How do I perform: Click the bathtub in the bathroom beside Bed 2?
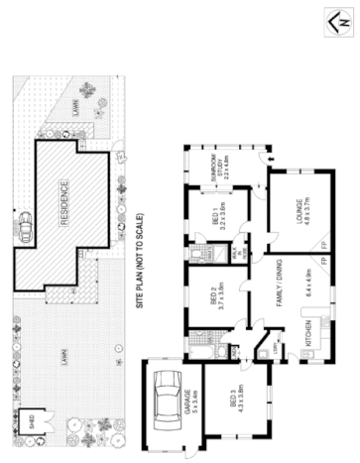[x=194, y=256]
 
